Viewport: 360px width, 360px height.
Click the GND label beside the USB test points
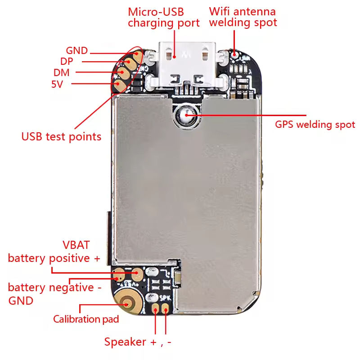pyautogui.click(x=76, y=51)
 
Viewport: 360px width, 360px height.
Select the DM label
pyautogui.click(x=61, y=72)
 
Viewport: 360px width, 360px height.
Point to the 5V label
pyautogui.click(x=57, y=84)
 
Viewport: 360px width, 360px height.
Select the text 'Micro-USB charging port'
pyautogui.click(x=163, y=17)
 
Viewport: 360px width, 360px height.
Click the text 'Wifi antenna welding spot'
pyautogui.click(x=243, y=17)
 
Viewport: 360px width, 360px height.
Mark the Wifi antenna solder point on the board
pyautogui.click(x=235, y=54)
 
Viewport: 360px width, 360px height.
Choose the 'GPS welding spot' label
pyautogui.click(x=315, y=125)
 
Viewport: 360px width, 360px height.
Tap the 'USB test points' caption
pyautogui.click(x=61, y=136)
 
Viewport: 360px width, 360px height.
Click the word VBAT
pyautogui.click(x=76, y=245)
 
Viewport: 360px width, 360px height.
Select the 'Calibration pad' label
pyautogui.click(x=86, y=319)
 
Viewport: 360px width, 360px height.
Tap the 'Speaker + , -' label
pyautogui.click(x=138, y=342)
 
